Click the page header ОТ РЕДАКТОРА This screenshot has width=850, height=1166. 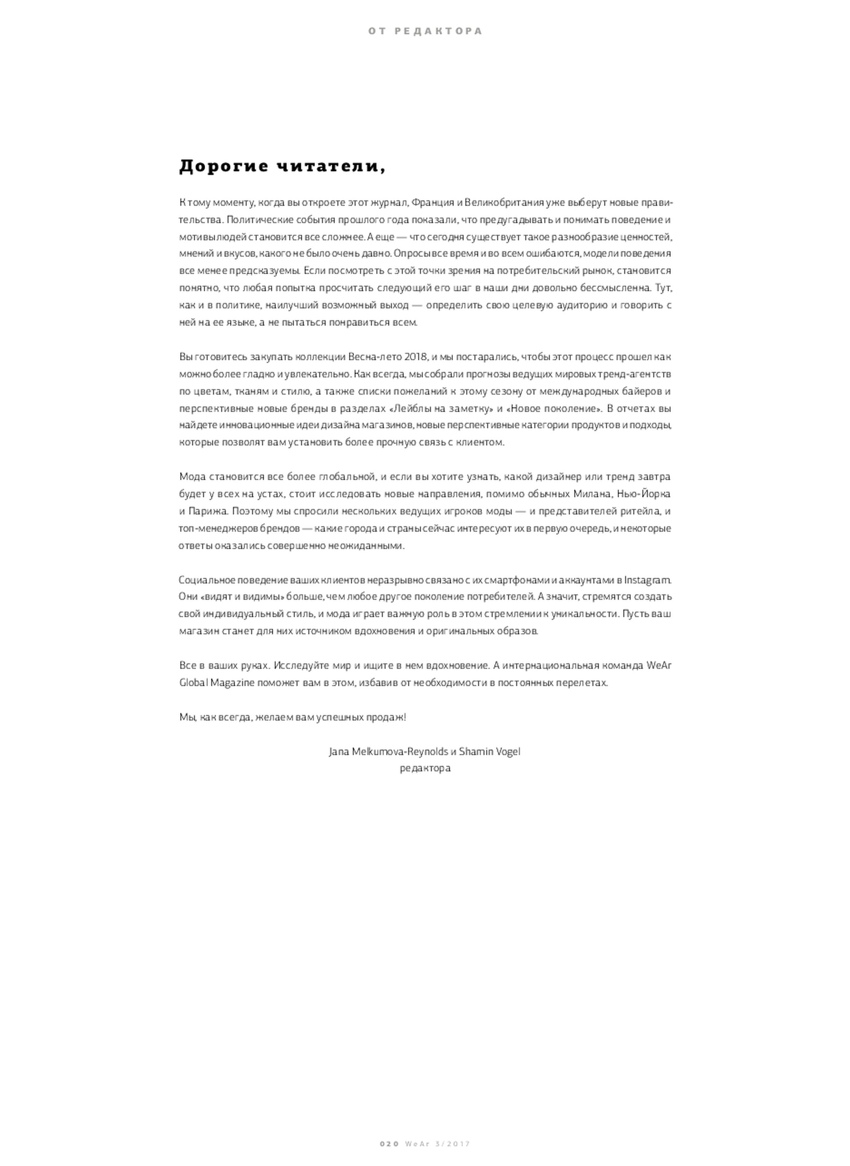tap(425, 32)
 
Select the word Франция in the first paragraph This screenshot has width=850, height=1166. tap(433, 203)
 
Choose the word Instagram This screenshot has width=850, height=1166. tap(647, 580)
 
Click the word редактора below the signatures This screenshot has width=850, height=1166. tap(425, 768)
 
